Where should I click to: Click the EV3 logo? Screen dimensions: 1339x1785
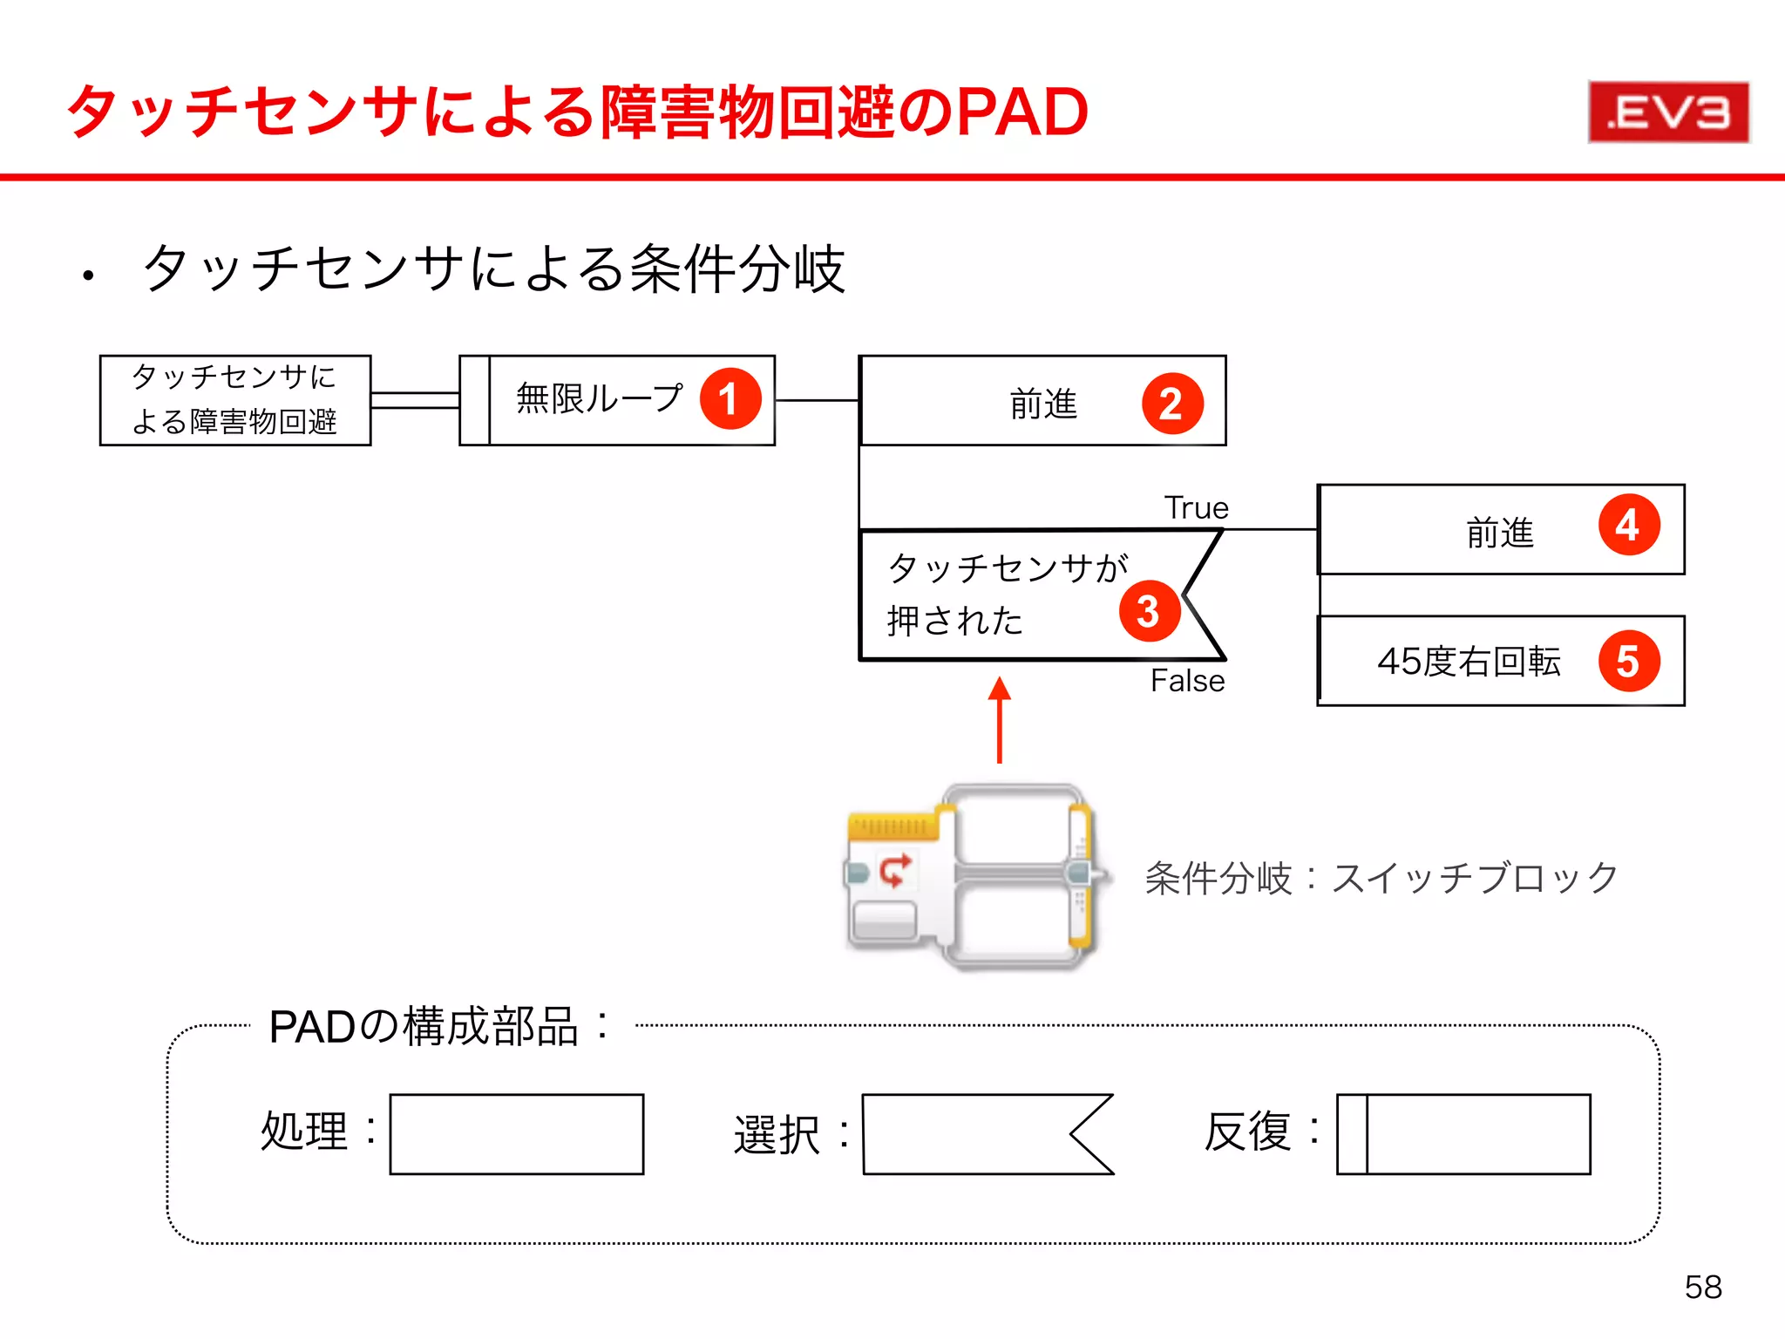click(x=1667, y=112)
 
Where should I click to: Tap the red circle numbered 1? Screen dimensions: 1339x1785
click(x=730, y=399)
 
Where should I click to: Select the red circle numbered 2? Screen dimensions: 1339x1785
click(x=1172, y=404)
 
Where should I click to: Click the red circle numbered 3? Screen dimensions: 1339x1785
click(x=1149, y=611)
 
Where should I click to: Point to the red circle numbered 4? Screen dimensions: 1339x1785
click(x=1628, y=525)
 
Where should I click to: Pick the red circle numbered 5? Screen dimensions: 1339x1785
click(x=1628, y=661)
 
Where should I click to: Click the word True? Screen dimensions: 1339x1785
click(x=1196, y=507)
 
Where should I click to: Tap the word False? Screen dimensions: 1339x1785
click(x=1187, y=681)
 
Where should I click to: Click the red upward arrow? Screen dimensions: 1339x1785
click(x=1000, y=720)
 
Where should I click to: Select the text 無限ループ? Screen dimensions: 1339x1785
click(x=600, y=398)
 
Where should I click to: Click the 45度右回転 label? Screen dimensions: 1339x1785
click(x=1468, y=662)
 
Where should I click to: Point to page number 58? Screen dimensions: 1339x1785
click(x=1703, y=1287)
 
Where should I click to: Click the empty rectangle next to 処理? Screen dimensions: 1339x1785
click(x=516, y=1134)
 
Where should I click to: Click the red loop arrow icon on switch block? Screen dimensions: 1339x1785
click(x=894, y=870)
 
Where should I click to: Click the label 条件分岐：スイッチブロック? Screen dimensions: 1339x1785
click(x=1381, y=878)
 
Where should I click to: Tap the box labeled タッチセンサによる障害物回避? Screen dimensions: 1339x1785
click(x=235, y=400)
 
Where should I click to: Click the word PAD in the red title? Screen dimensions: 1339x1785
click(x=1022, y=112)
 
